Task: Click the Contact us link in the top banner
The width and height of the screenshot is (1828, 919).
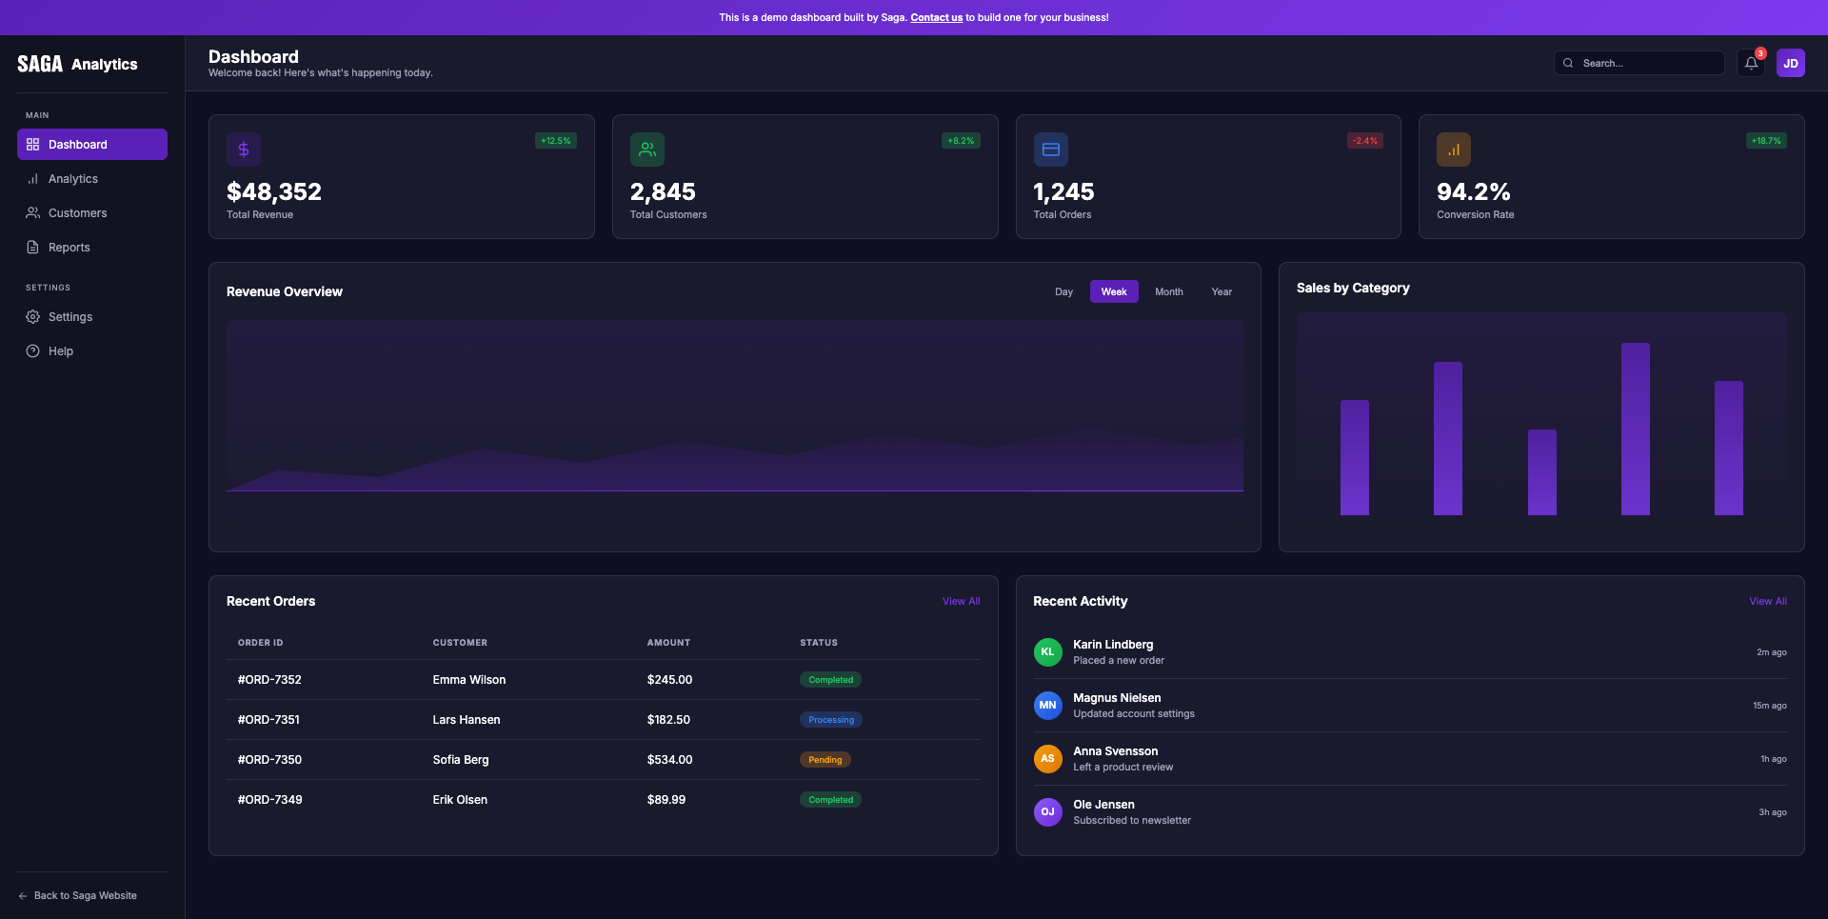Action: pos(936,17)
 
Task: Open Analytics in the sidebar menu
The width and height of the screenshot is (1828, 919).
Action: pos(73,179)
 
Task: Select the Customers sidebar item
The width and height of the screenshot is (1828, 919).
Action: pos(77,213)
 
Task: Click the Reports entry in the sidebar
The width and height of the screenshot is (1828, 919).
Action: pos(69,248)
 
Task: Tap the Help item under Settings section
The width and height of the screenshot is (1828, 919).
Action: pos(61,351)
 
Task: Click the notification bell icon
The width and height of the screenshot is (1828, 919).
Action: pos(1751,64)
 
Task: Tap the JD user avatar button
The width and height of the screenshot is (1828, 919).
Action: pos(1790,64)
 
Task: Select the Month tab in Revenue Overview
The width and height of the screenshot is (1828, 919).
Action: pos(1168,292)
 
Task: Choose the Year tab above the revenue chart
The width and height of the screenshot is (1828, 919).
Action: pos(1222,292)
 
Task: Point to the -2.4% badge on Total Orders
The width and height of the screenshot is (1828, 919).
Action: pos(1364,141)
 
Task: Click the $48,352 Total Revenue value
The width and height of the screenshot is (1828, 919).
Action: pos(274,192)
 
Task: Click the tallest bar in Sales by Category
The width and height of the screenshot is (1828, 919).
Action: pos(1635,429)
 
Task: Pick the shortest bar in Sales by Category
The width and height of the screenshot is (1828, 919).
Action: pos(1541,472)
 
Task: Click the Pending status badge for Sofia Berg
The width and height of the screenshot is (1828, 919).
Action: pos(825,760)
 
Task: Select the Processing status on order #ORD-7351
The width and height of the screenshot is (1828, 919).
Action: pos(830,720)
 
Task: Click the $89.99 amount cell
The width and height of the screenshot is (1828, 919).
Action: pos(666,800)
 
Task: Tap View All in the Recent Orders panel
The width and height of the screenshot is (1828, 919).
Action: pos(961,602)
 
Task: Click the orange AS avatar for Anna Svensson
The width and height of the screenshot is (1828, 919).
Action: pos(1047,759)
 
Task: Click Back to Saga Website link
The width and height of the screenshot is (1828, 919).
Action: pos(85,896)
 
